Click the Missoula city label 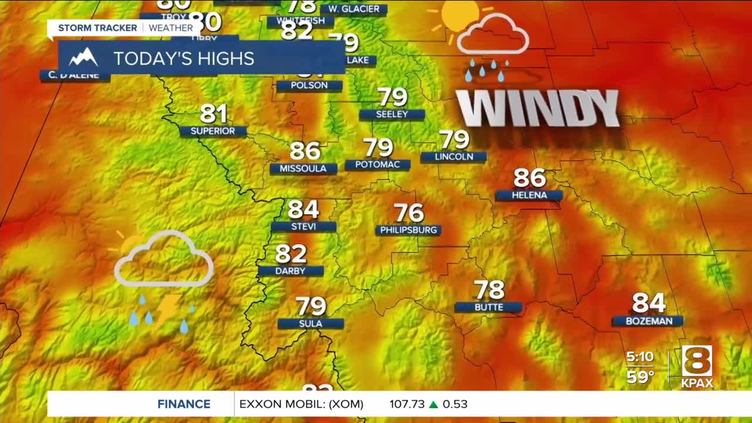[x=303, y=169]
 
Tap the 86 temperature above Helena [x=529, y=177]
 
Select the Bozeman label [x=647, y=321]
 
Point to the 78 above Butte [x=489, y=290]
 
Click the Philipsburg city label [x=408, y=230]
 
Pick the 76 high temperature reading [x=408, y=213]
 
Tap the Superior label [x=213, y=131]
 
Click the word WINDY [x=538, y=109]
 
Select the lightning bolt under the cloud [x=168, y=308]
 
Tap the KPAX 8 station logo [x=697, y=366]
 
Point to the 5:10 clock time [x=640, y=357]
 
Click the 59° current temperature [x=640, y=377]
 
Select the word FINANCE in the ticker [x=184, y=404]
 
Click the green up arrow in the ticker [x=434, y=404]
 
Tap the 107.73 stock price [x=407, y=404]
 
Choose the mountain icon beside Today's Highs [x=83, y=58]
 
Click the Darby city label [x=290, y=271]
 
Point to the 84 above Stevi [x=303, y=209]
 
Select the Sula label [x=310, y=324]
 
